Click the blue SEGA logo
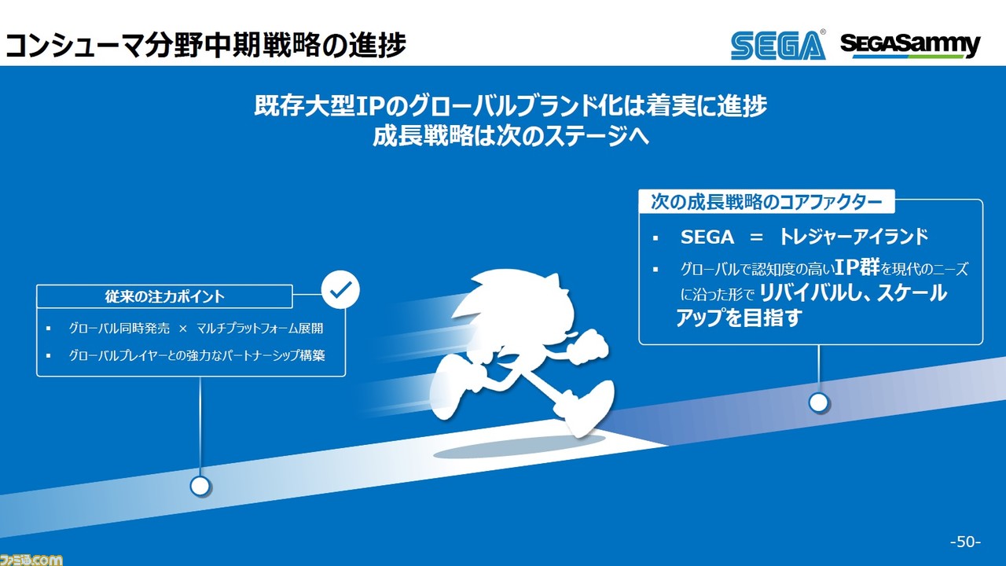778,45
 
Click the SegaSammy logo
910,46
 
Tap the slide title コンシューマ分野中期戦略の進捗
205,45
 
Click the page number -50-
966,542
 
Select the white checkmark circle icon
341,290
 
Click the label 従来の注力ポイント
164,296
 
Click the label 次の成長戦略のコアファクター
766,202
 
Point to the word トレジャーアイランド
854,237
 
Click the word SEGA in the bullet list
707,237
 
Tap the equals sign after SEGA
756,237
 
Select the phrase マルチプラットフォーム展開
260,329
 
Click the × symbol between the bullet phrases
183,329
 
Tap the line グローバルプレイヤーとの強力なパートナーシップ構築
196,355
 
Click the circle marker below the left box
200,486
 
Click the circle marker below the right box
819,402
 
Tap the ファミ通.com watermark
31,560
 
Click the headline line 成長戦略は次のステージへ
511,135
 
